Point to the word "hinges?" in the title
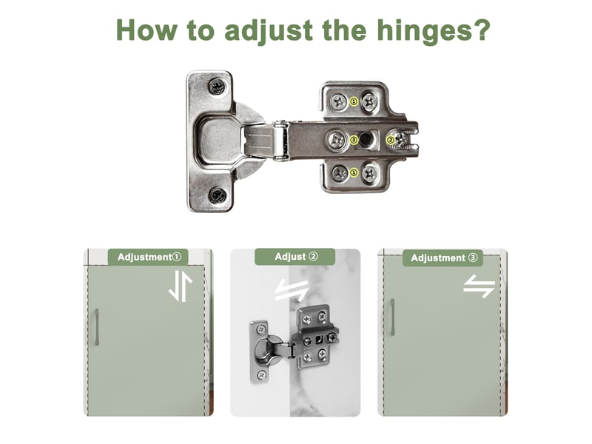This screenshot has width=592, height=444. (x=434, y=32)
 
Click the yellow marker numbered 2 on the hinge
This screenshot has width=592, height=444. (x=391, y=141)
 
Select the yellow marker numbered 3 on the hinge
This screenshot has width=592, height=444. (x=354, y=140)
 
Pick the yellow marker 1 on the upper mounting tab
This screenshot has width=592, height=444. (x=354, y=101)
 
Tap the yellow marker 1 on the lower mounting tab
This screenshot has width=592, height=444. (x=354, y=173)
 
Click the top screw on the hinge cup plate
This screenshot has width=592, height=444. (x=217, y=87)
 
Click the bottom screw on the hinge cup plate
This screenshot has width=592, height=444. (x=218, y=195)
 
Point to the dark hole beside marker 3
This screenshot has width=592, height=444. (x=365, y=139)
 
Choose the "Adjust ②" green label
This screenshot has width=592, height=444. (x=295, y=257)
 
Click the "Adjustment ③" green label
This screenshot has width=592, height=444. (x=443, y=258)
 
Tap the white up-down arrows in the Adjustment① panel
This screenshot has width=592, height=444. (x=181, y=286)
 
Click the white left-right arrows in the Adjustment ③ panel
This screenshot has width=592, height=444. (x=479, y=286)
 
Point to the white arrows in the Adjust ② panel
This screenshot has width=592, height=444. (x=292, y=290)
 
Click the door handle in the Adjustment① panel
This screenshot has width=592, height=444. (x=97, y=327)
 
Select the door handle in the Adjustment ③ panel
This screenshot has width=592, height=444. (x=393, y=317)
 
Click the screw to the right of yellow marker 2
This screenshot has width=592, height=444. (x=403, y=139)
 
